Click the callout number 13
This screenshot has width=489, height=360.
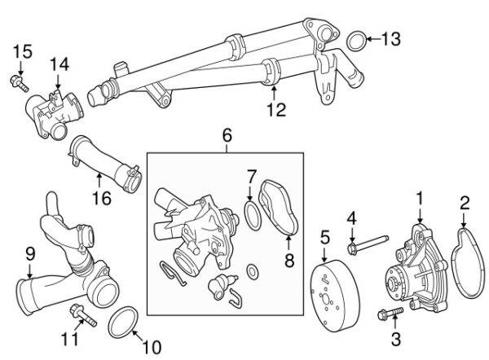(x=391, y=39)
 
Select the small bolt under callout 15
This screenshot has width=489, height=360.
(x=20, y=84)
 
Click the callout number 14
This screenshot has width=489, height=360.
(x=59, y=64)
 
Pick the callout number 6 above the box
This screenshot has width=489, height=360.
(x=227, y=135)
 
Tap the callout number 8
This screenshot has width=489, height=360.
(x=289, y=261)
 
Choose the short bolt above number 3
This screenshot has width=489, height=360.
(x=390, y=314)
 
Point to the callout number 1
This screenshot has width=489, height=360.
(x=420, y=198)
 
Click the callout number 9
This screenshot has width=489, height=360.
(x=30, y=256)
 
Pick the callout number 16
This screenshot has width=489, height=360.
(x=102, y=198)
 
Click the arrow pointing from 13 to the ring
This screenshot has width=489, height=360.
(x=373, y=39)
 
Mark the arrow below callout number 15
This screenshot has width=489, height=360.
(x=20, y=68)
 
